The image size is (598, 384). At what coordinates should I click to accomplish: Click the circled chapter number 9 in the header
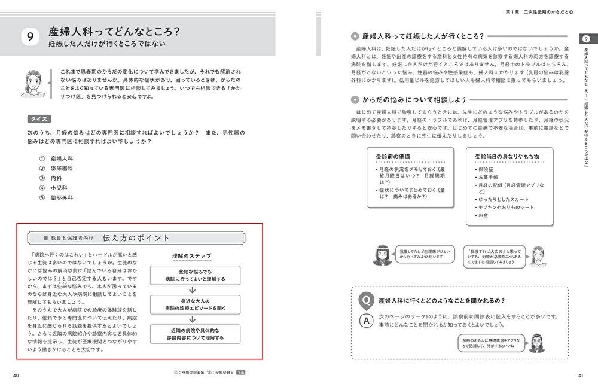29,36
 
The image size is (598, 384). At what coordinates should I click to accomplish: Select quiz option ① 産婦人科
57,159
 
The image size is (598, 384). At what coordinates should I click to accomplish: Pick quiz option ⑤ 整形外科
57,197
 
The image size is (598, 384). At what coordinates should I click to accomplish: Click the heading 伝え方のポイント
136,238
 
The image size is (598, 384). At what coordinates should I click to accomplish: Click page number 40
16,375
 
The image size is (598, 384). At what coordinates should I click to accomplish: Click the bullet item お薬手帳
489,178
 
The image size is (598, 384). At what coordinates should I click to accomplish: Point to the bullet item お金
483,215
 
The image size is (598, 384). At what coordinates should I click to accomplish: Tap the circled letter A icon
364,320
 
